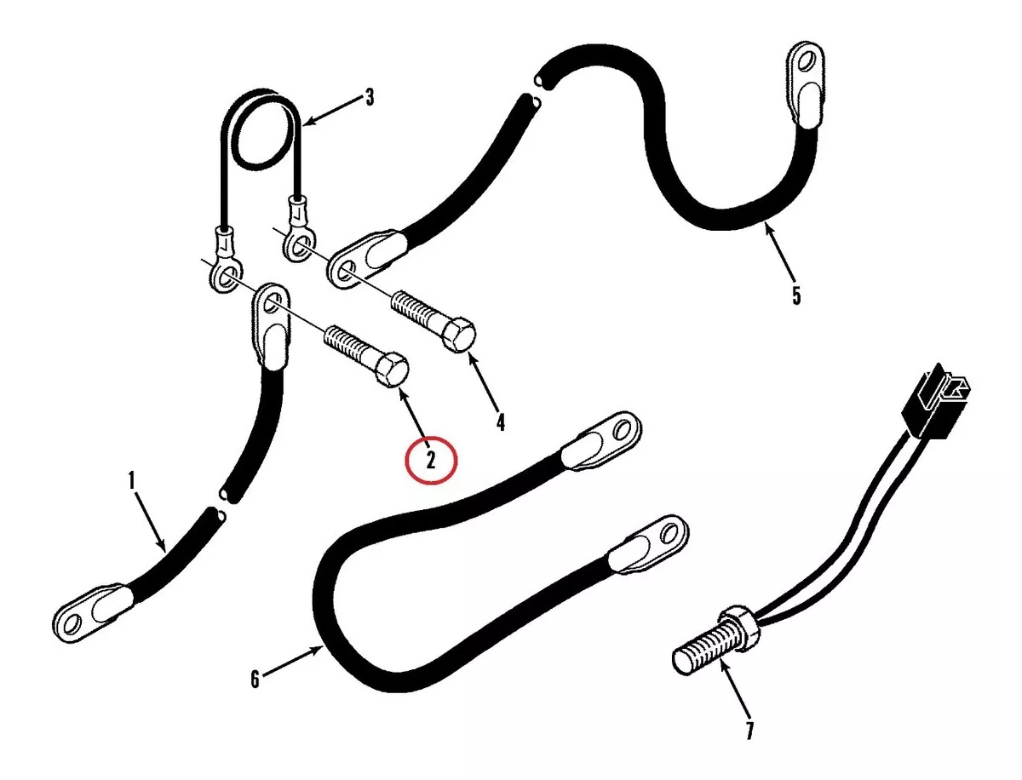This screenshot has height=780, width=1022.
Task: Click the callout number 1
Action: [x=131, y=480]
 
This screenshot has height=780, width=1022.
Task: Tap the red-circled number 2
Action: [x=431, y=460]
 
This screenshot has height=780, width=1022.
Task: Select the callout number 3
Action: [x=370, y=97]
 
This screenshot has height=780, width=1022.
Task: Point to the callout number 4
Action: [x=500, y=422]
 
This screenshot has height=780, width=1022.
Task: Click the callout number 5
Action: [x=796, y=295]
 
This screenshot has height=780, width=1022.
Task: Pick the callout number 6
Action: [x=255, y=680]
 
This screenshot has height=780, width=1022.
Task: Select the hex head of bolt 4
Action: [x=459, y=335]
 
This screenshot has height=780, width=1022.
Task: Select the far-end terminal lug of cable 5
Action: [x=806, y=83]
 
